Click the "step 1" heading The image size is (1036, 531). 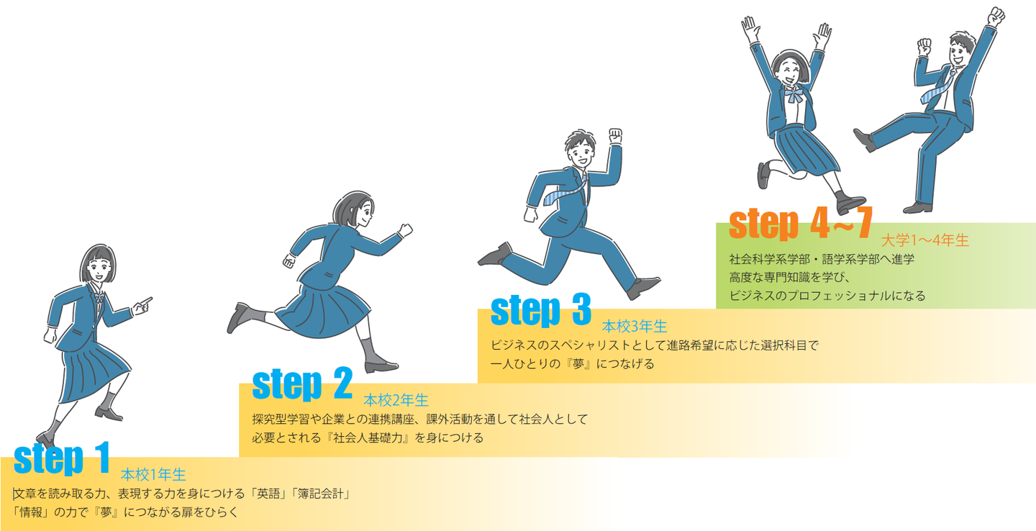(x=62, y=458)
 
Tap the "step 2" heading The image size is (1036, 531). (x=302, y=384)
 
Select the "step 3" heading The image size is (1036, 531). (x=541, y=310)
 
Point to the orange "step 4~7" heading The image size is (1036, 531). (x=801, y=224)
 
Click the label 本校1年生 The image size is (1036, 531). (x=153, y=475)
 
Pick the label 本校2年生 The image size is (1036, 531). (x=396, y=400)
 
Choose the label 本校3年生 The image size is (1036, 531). (x=635, y=327)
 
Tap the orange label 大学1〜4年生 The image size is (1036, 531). (x=925, y=240)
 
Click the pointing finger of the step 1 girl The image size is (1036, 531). (x=143, y=305)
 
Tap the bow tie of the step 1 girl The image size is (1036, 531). (x=99, y=298)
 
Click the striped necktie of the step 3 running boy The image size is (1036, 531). (x=565, y=192)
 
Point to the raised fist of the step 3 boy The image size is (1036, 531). (x=615, y=135)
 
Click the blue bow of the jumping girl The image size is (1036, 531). (x=794, y=96)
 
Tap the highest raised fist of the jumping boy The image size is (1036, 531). (x=996, y=17)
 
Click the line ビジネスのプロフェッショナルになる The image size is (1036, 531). (x=827, y=296)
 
